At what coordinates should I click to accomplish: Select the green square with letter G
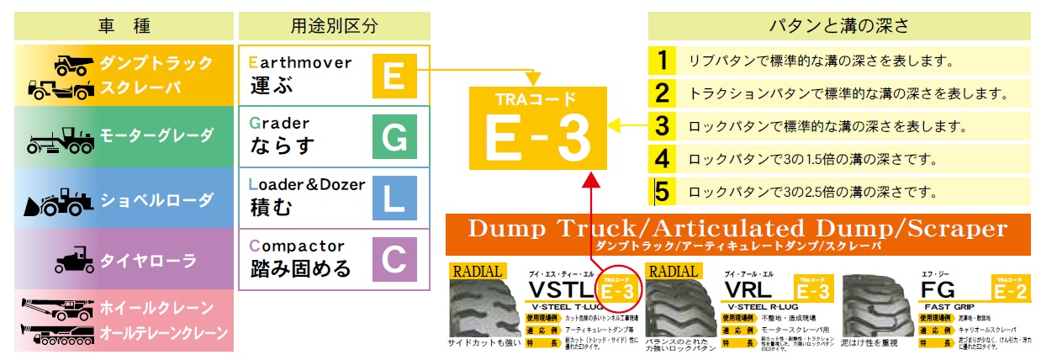(394, 136)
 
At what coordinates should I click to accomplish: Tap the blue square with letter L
(394, 198)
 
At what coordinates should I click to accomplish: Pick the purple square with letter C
(394, 258)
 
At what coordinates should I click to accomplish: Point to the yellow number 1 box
(663, 61)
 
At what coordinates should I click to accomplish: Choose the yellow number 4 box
(663, 158)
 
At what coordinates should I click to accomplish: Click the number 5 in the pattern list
(663, 191)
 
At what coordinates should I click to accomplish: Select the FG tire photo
(877, 306)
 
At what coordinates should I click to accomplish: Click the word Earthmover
(300, 63)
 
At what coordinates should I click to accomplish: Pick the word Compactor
(298, 246)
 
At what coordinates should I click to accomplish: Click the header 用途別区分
(334, 25)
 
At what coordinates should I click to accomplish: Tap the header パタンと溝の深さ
(839, 25)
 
